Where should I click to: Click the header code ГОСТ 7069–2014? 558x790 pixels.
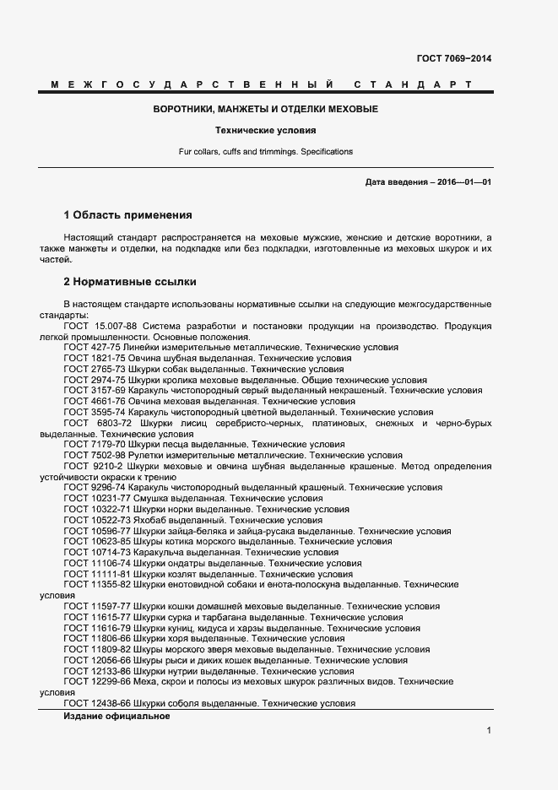[453, 58]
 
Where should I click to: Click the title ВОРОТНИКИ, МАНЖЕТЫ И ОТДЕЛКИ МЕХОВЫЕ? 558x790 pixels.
[266, 110]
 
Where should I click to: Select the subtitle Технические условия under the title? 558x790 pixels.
[266, 132]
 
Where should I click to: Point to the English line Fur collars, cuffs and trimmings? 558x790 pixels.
[266, 152]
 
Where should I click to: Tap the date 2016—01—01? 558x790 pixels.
[463, 182]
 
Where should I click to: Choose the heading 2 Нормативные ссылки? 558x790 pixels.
[131, 281]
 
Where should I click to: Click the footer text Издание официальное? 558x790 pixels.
[116, 716]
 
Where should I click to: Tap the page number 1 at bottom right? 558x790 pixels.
[489, 731]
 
